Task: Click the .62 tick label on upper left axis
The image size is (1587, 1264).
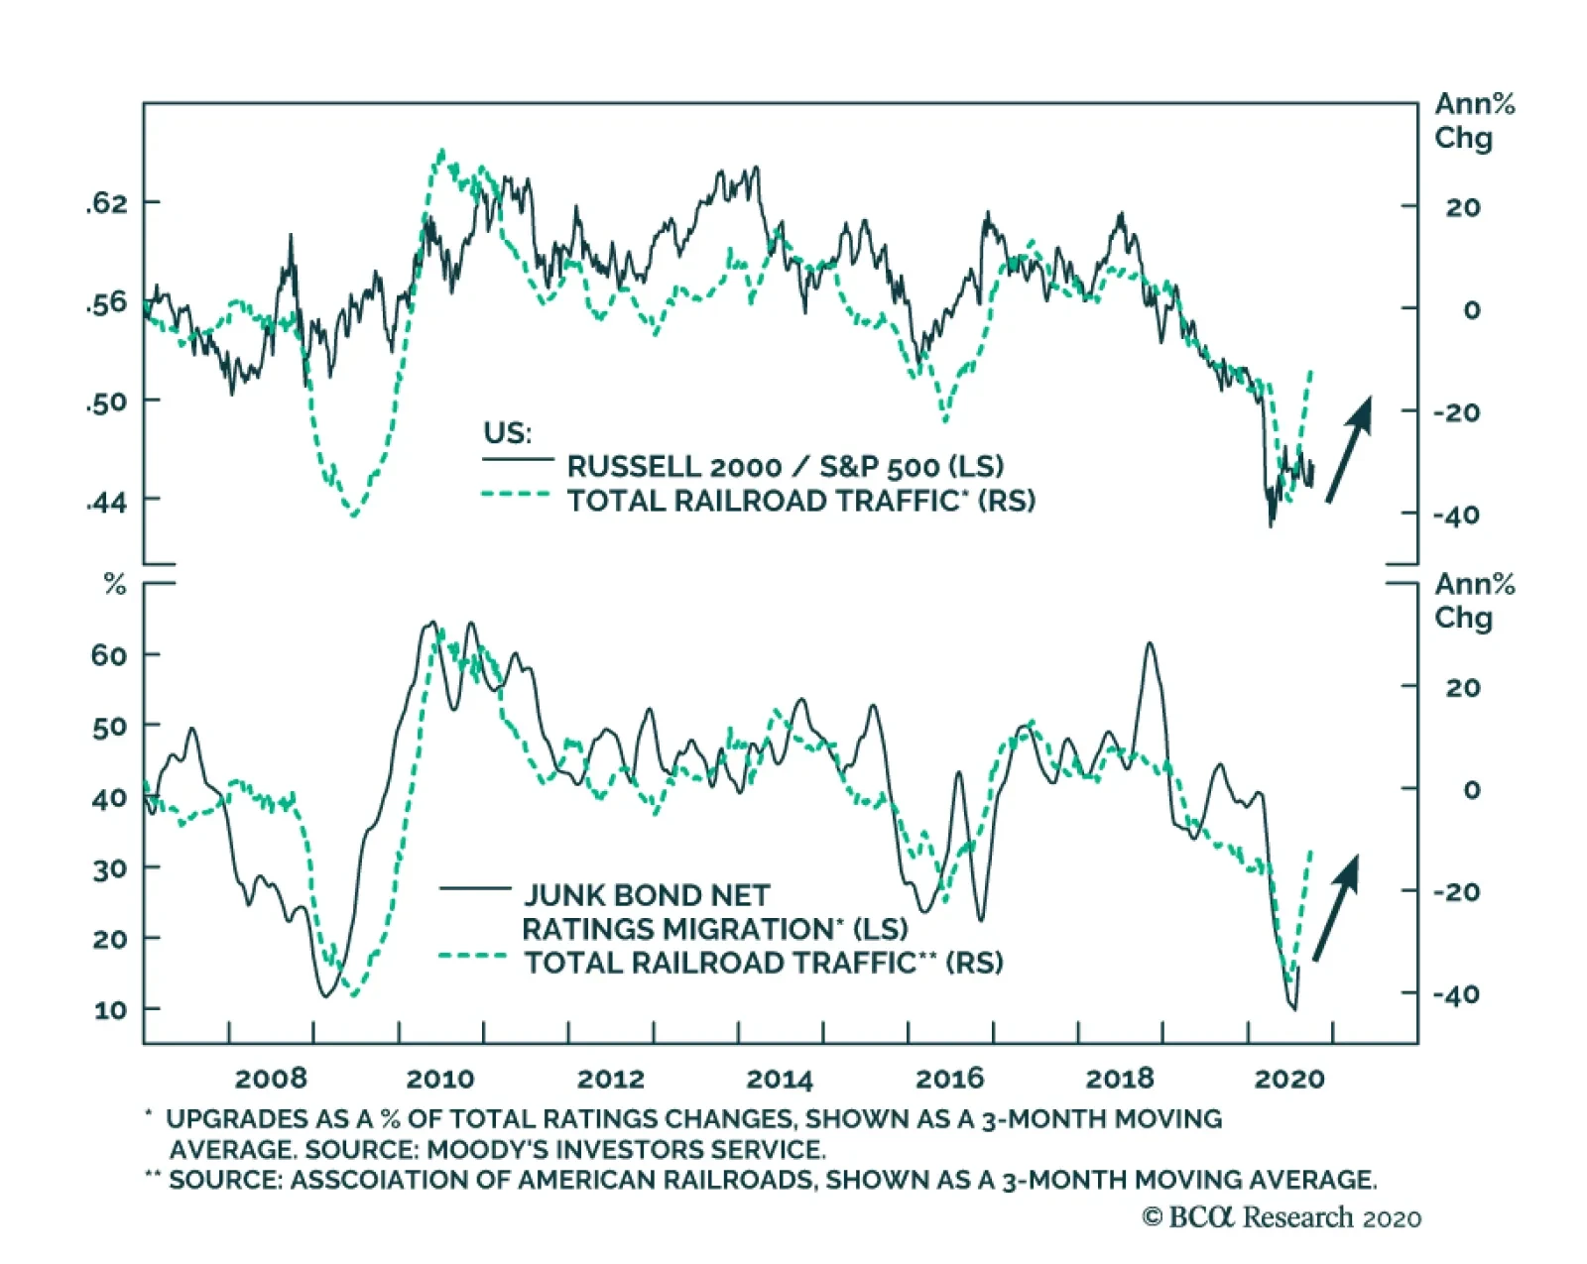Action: (107, 203)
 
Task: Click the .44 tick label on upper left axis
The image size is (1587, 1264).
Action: (107, 503)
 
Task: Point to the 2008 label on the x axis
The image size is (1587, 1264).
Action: (271, 1079)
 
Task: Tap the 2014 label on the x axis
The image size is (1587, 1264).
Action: (780, 1079)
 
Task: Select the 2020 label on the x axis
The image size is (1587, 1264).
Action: (1289, 1079)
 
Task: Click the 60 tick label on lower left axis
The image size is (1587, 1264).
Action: (109, 655)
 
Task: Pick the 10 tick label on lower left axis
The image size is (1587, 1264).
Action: (110, 1010)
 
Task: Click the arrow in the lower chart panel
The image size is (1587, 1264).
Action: (1335, 908)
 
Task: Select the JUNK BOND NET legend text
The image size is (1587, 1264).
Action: (647, 895)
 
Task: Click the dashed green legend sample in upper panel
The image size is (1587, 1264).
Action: (516, 495)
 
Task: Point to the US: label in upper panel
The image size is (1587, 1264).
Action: (507, 433)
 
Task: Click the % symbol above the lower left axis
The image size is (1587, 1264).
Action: (115, 585)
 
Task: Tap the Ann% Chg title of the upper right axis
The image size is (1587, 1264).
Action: (1474, 120)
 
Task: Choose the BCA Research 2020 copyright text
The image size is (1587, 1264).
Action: (1282, 1217)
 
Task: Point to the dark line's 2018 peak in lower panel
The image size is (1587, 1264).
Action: (1150, 643)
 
